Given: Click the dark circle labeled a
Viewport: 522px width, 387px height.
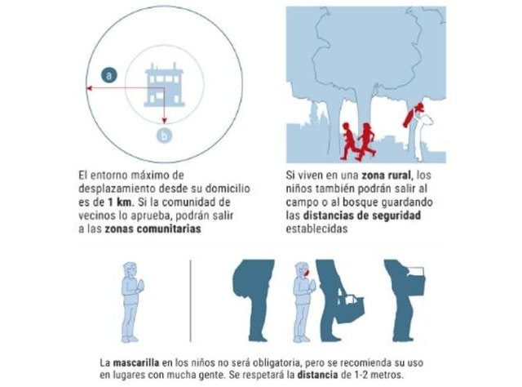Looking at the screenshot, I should coord(110,76).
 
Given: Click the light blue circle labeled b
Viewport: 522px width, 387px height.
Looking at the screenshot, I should coord(163,136).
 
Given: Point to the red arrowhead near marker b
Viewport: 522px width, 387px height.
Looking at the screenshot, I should coord(164,119).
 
